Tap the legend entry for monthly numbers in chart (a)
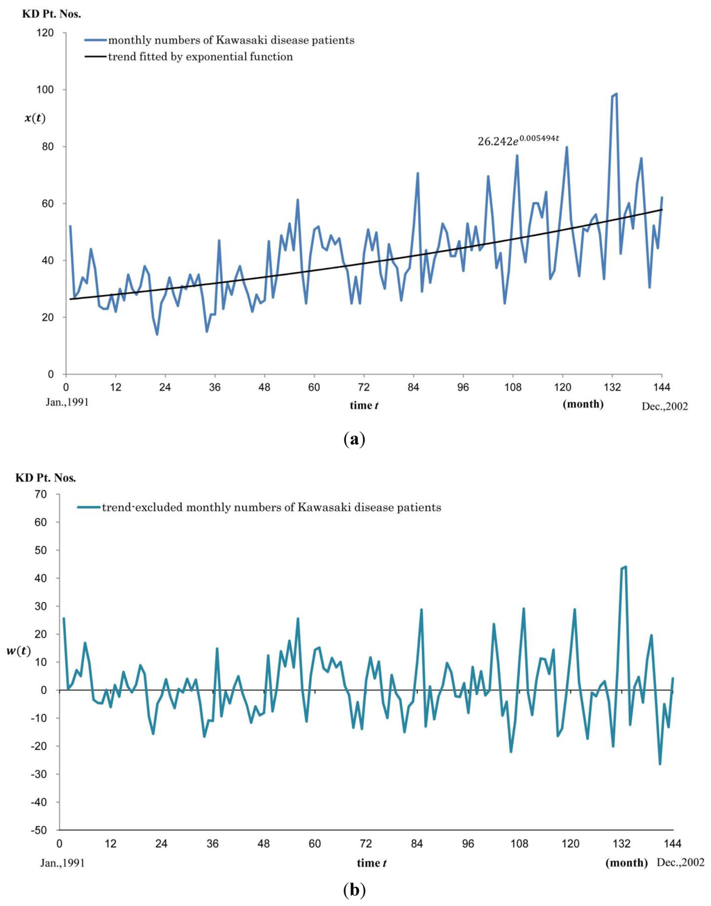click(219, 40)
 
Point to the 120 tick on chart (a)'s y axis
click(46, 33)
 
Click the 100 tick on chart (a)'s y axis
click(46, 90)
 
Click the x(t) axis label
click(35, 118)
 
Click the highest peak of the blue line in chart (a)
click(616, 94)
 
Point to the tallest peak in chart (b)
click(626, 567)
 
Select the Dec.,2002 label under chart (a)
click(664, 406)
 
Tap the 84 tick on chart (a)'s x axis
click(414, 387)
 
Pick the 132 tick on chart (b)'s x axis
click(621, 844)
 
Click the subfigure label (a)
click(355, 439)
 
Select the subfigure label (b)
click(355, 889)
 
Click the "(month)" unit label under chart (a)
click(583, 404)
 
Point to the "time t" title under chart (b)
click(371, 863)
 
